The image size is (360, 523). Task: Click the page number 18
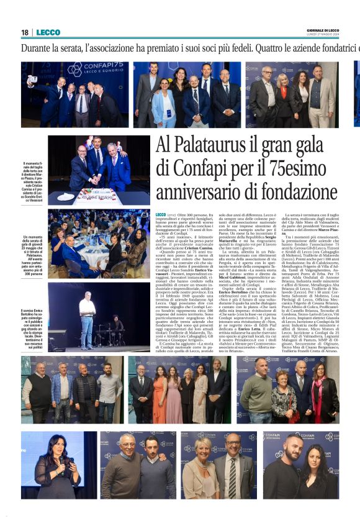(25, 32)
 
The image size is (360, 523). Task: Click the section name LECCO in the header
(48, 32)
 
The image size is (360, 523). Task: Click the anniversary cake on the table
(97, 196)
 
